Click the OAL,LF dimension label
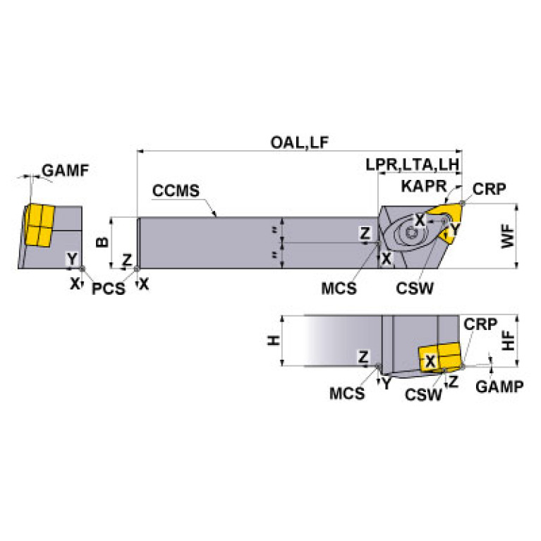(300, 142)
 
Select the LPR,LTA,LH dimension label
(413, 165)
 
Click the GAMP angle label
(499, 387)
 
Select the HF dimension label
(509, 341)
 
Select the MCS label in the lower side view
(347, 394)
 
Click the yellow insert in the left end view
(38, 226)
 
